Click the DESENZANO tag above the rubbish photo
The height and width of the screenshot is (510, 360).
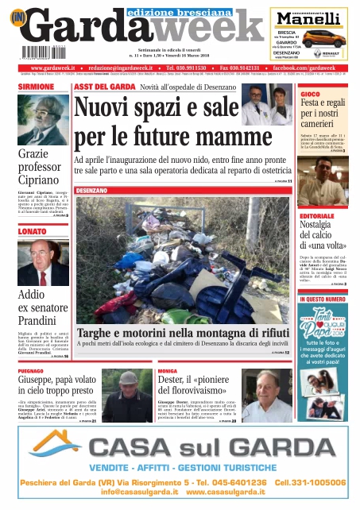(95, 191)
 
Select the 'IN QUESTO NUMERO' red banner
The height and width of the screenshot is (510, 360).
(322, 299)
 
